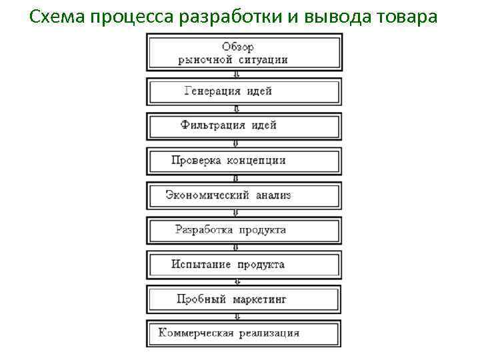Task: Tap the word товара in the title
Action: click(x=407, y=17)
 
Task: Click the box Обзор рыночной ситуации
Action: click(x=244, y=53)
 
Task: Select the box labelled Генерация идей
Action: click(x=244, y=91)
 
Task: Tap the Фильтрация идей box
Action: click(x=244, y=126)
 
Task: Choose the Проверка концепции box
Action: click(x=244, y=161)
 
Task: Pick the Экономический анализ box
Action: click(x=244, y=195)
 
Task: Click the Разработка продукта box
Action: click(x=244, y=230)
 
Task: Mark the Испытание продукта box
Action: click(x=244, y=265)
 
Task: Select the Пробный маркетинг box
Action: click(x=244, y=299)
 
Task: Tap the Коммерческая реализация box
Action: click(x=244, y=333)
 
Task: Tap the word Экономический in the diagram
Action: click(x=207, y=195)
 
